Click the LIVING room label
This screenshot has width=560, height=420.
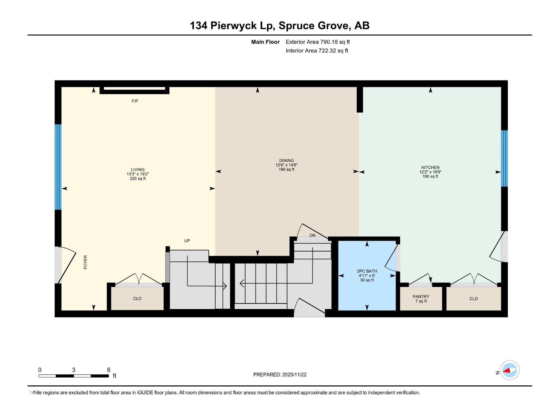pyautogui.click(x=138, y=169)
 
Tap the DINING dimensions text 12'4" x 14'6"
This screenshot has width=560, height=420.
pyautogui.click(x=286, y=165)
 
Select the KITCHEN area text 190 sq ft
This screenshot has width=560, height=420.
pyautogui.click(x=430, y=176)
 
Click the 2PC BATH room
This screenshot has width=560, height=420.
pyautogui.click(x=367, y=275)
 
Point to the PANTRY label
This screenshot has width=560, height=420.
pyautogui.click(x=421, y=296)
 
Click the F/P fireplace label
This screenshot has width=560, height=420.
pyautogui.click(x=135, y=101)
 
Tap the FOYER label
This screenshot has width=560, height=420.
pyautogui.click(x=85, y=262)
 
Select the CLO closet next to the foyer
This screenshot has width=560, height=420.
pyautogui.click(x=137, y=299)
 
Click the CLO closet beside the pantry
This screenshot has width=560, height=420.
pyautogui.click(x=474, y=299)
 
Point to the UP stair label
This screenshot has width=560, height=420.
pyautogui.click(x=187, y=241)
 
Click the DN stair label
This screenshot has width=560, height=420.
pyautogui.click(x=313, y=236)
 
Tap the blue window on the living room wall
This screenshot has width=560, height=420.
pyautogui.click(x=58, y=167)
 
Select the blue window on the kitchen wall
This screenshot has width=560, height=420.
pyautogui.click(x=504, y=159)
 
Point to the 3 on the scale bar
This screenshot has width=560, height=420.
pyautogui.click(x=73, y=370)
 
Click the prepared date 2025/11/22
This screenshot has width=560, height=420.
pyautogui.click(x=294, y=374)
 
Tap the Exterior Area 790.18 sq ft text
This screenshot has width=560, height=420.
pyautogui.click(x=317, y=42)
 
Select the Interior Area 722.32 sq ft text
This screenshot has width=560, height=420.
pyautogui.click(x=317, y=51)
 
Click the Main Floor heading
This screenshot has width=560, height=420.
pyautogui.click(x=265, y=42)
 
